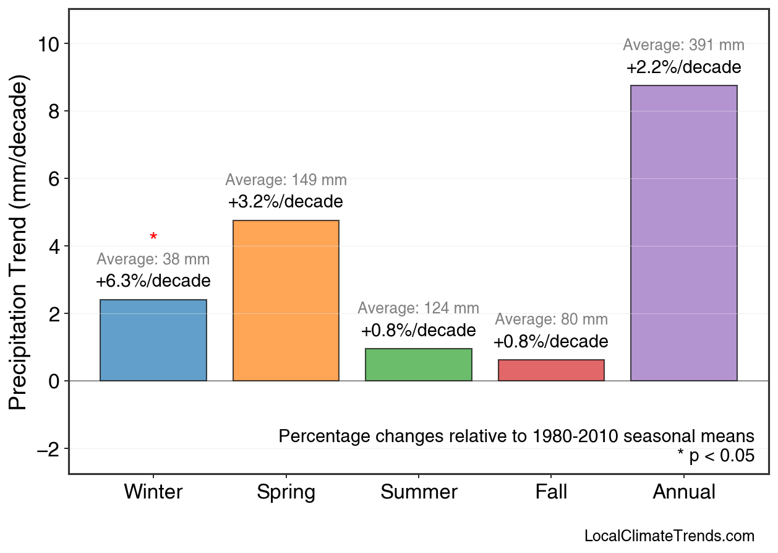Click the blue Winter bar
[153, 340]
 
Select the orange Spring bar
[286, 300]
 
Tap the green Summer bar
[418, 365]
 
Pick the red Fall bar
[551, 370]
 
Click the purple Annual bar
[683, 233]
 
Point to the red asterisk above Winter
[153, 237]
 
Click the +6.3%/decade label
[153, 281]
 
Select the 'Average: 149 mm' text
[286, 180]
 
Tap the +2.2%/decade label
[683, 67]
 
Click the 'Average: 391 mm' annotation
[683, 45]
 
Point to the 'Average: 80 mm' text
[551, 320]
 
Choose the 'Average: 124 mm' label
[418, 308]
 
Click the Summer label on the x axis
[419, 492]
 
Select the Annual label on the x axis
[683, 492]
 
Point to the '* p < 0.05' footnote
[716, 456]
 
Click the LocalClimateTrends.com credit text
[669, 536]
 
